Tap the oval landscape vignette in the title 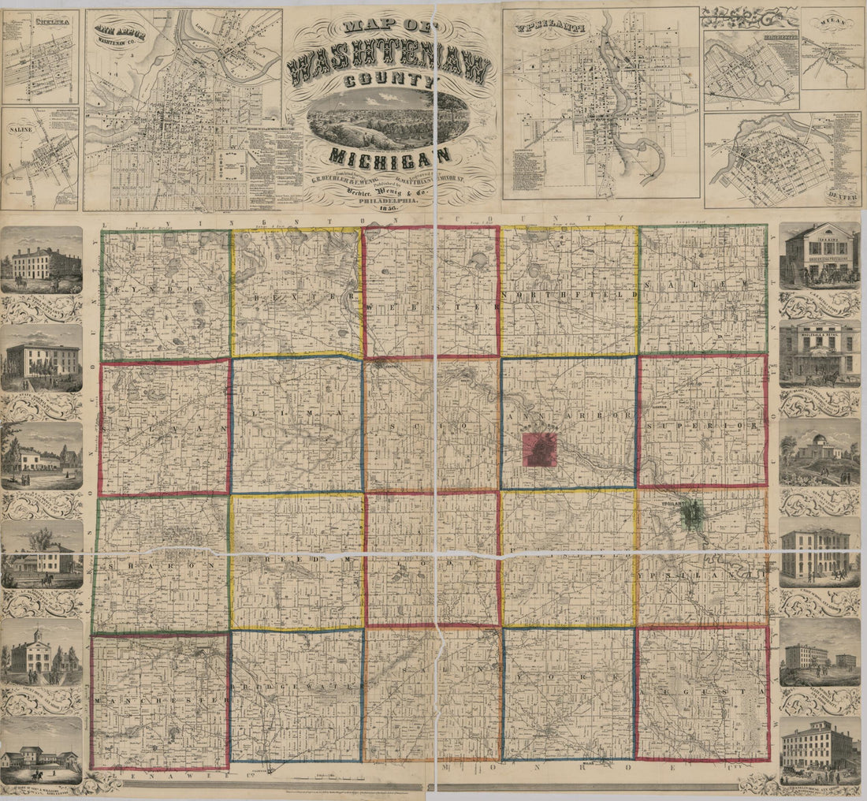[x=389, y=118]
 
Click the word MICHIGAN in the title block [x=390, y=155]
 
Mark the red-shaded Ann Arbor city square [x=540, y=449]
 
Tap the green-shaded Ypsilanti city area [x=692, y=516]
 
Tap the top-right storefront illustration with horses [x=819, y=255]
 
